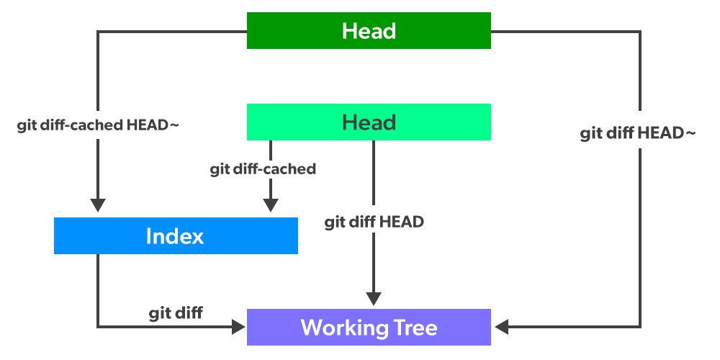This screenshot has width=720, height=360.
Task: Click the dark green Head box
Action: [x=369, y=31]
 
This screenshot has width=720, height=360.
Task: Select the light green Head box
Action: [x=369, y=122]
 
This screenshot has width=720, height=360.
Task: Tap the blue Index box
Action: [x=176, y=236]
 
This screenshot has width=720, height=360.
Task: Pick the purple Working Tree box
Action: [x=369, y=328]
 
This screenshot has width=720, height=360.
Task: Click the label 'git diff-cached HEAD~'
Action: [x=98, y=125]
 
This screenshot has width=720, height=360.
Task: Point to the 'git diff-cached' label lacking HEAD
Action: [x=263, y=170]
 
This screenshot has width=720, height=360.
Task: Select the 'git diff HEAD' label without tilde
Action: [x=374, y=222]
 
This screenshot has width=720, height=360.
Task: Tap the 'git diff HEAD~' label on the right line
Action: [x=638, y=134]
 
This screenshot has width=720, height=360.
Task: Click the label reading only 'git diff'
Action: [x=176, y=312]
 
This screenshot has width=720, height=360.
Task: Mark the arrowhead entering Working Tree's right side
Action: [x=501, y=328]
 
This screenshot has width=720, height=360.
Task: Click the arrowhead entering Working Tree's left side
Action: [x=238, y=328]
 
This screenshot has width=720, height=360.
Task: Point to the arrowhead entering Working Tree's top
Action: [x=373, y=299]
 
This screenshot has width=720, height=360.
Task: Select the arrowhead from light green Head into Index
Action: [x=271, y=205]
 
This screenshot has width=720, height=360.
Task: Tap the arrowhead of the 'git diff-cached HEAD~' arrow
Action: [x=98, y=205]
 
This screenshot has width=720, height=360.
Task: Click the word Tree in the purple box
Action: [x=412, y=328]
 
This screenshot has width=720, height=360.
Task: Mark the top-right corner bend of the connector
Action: [x=639, y=32]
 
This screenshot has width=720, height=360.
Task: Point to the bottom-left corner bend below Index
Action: [x=98, y=328]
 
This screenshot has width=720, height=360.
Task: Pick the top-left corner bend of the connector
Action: [x=98, y=32]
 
